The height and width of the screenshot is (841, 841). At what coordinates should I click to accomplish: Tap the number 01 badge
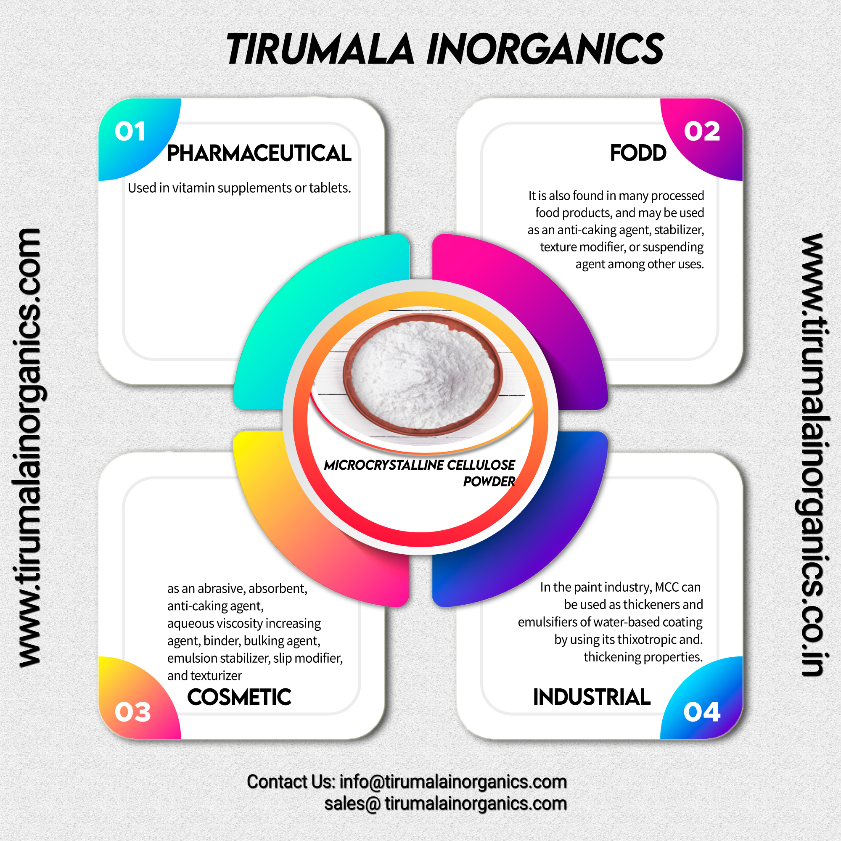(130, 132)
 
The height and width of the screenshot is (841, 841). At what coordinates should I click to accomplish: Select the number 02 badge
(702, 132)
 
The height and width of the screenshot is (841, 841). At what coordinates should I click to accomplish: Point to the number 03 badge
(132, 712)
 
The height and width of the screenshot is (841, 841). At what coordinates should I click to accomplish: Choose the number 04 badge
(702, 712)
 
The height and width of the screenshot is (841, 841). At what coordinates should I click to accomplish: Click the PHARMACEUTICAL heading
(259, 153)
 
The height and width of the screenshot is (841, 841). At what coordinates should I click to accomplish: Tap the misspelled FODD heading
(638, 153)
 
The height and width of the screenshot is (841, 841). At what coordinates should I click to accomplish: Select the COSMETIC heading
(239, 697)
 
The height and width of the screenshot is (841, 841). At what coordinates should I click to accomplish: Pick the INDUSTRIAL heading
(592, 697)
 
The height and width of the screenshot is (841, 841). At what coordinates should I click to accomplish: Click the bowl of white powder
(422, 374)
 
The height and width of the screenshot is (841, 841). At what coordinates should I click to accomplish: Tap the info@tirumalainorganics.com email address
(453, 782)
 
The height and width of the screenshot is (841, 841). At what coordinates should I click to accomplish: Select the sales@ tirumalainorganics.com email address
(445, 804)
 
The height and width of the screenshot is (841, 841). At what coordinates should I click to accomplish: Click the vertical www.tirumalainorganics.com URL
(29, 448)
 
